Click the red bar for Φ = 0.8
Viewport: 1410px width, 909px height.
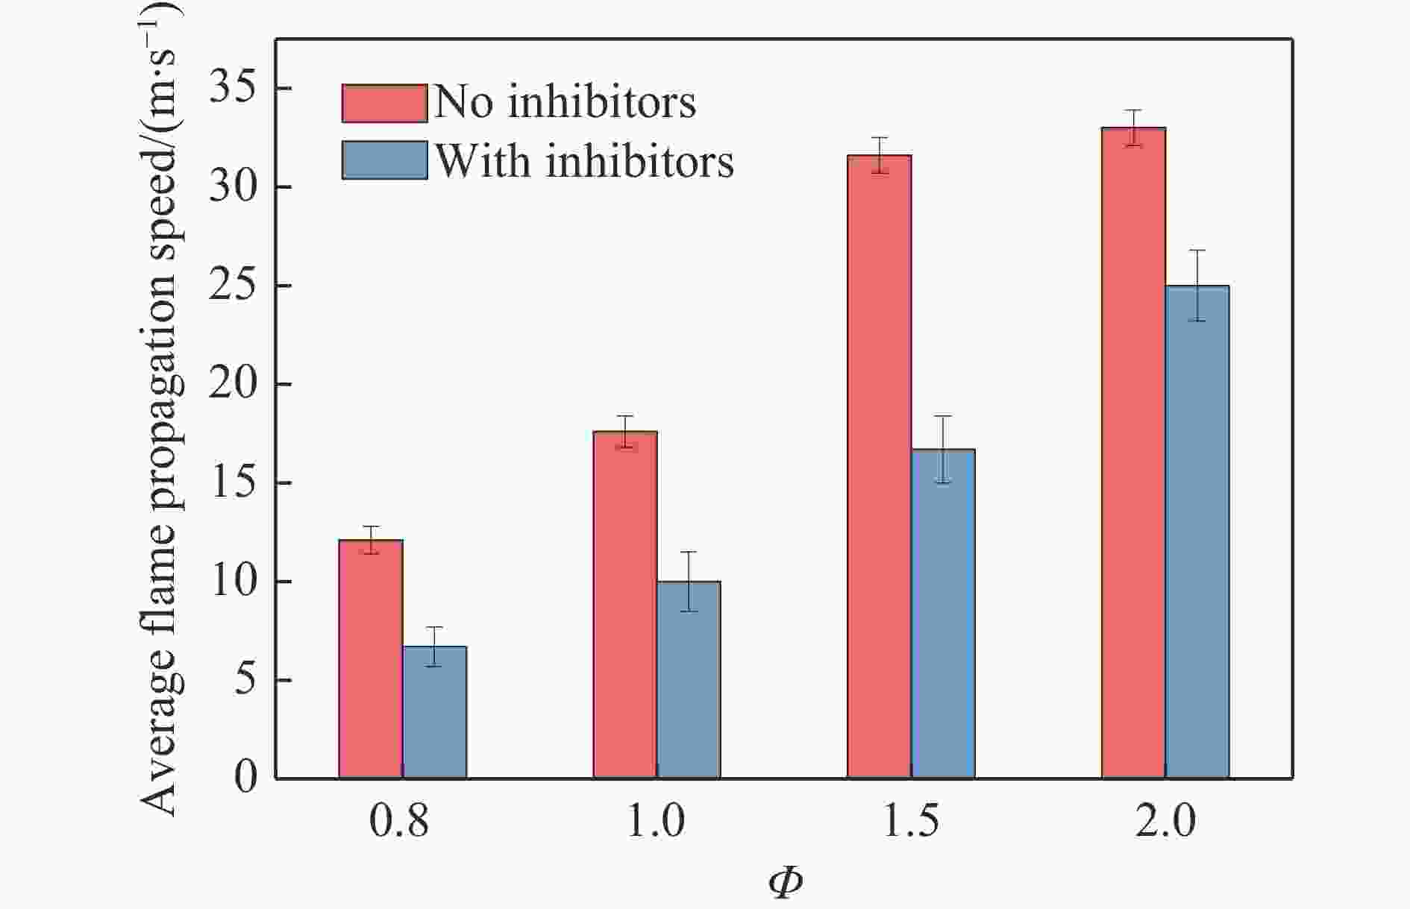pyautogui.click(x=371, y=659)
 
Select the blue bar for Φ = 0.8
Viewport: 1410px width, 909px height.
pyautogui.click(x=435, y=712)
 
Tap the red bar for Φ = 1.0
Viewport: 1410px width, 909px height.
pyautogui.click(x=625, y=605)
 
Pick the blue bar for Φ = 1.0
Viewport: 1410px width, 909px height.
pyautogui.click(x=689, y=679)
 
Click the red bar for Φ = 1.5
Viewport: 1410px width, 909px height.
pyautogui.click(x=879, y=467)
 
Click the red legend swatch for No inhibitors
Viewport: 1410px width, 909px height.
pyautogui.click(x=384, y=103)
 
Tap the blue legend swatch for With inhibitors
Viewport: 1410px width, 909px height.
pyautogui.click(x=384, y=160)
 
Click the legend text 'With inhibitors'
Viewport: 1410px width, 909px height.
pyautogui.click(x=584, y=160)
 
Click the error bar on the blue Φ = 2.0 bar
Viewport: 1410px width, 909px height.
pyautogui.click(x=1197, y=286)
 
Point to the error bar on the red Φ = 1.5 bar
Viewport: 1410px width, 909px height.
pyautogui.click(x=880, y=155)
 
